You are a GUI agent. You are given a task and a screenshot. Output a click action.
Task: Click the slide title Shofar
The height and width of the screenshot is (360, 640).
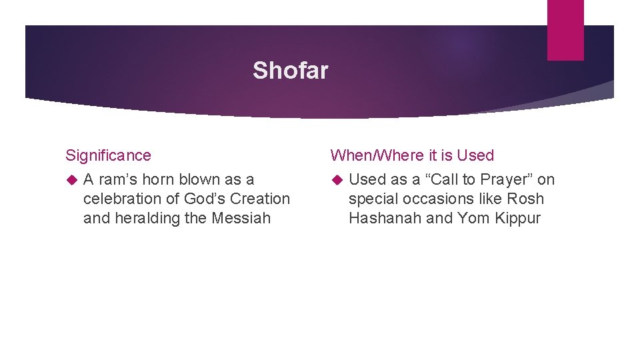tap(290, 70)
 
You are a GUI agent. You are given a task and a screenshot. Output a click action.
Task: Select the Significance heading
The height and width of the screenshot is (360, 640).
tap(108, 155)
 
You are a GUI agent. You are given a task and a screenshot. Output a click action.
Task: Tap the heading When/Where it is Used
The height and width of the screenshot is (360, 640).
tap(412, 155)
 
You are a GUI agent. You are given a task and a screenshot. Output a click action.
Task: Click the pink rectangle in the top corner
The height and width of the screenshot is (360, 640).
tap(565, 30)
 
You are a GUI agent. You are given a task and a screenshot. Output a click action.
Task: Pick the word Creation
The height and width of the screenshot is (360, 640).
tap(261, 199)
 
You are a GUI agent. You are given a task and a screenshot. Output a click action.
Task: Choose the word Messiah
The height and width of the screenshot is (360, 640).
tap(242, 218)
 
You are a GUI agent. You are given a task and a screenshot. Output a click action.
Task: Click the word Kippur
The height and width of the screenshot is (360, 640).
tap(517, 218)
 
